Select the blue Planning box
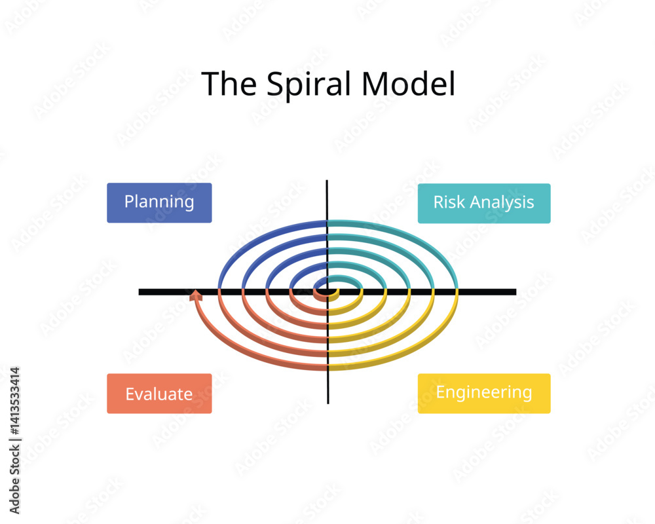[x=159, y=202]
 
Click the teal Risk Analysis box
[x=484, y=203]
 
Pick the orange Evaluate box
[x=159, y=394]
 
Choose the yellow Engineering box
[x=484, y=393]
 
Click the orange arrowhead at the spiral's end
[x=195, y=295]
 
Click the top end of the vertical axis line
[x=327, y=181]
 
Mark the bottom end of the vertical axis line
[x=327, y=402]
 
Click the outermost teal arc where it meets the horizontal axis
[x=456, y=288]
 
